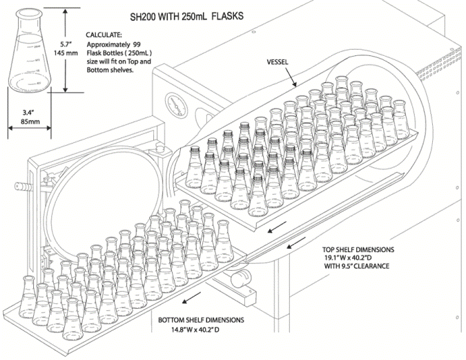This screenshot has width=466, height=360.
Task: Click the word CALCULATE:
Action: tap(105, 34)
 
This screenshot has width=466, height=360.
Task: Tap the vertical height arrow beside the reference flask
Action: tap(65, 48)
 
